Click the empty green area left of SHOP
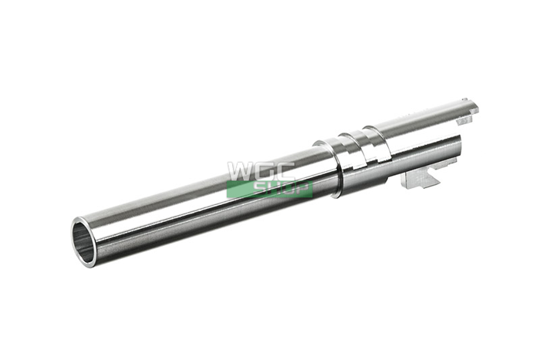click(240, 190)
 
